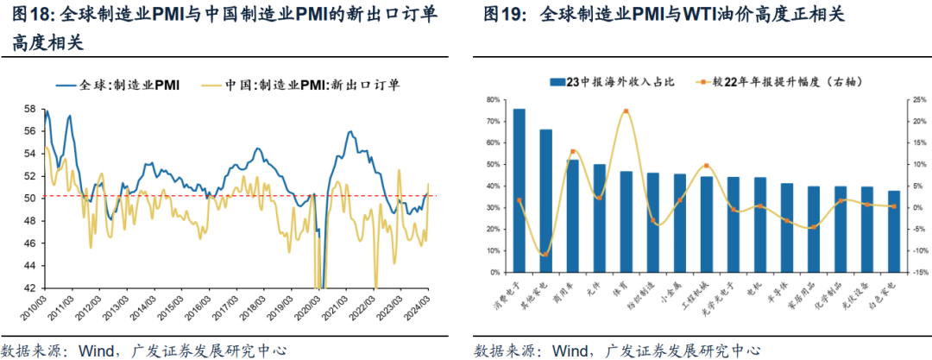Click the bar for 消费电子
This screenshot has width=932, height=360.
tap(519, 190)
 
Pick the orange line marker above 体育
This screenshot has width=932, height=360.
tap(626, 111)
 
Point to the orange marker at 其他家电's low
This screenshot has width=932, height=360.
tap(545, 254)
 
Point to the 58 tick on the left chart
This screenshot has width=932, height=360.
tap(29, 109)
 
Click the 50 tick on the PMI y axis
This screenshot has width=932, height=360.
tap(29, 198)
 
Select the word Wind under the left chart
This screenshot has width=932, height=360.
tap(97, 351)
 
